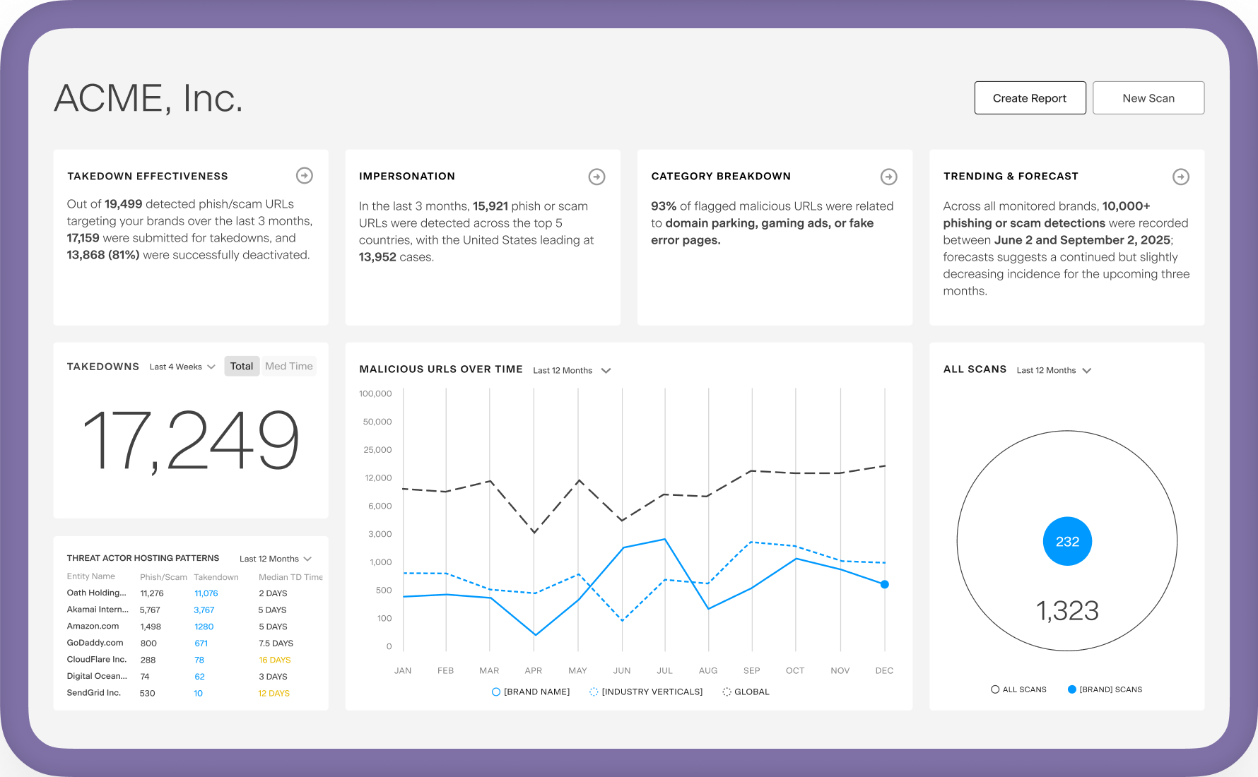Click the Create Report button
(x=1030, y=98)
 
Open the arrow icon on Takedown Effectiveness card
(x=305, y=175)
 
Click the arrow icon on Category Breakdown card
(x=889, y=177)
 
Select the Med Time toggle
(x=289, y=366)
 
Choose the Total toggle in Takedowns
(x=242, y=366)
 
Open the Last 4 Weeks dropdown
(x=182, y=367)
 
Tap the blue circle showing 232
(x=1067, y=541)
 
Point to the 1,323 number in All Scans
(x=1067, y=611)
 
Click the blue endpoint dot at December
(x=884, y=584)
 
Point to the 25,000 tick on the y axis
(x=377, y=450)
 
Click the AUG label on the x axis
(x=708, y=670)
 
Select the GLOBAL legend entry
(x=746, y=692)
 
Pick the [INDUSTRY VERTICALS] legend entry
(x=646, y=692)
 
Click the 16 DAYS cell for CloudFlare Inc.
(x=275, y=660)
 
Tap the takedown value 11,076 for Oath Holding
(x=206, y=593)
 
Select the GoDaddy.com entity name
(x=95, y=643)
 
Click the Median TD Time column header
(x=290, y=577)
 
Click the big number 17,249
(x=191, y=440)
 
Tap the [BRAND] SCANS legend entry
(x=1105, y=689)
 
